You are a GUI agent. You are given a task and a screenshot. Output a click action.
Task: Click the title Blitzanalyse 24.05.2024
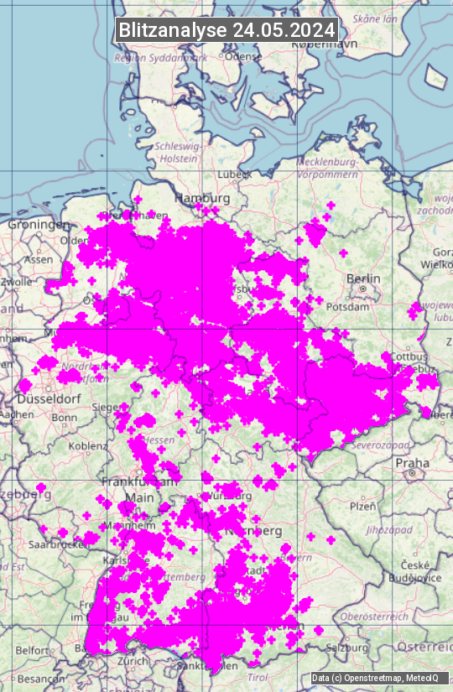(x=226, y=29)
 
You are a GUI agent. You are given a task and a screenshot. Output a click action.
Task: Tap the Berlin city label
(x=363, y=278)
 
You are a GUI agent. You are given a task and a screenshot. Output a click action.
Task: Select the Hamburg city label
(x=202, y=198)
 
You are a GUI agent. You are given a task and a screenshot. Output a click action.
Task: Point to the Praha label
(x=413, y=462)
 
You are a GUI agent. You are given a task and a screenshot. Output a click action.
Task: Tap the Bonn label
(x=65, y=417)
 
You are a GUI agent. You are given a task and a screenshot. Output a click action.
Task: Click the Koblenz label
(x=88, y=445)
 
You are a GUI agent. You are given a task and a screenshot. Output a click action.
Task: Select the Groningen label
(x=39, y=225)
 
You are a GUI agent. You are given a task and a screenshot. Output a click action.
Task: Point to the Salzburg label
(x=346, y=648)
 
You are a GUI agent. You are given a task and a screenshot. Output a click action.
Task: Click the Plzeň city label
(x=362, y=506)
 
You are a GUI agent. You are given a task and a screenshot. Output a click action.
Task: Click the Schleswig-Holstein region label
(x=177, y=152)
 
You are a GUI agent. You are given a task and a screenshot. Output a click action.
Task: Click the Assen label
(x=39, y=259)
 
